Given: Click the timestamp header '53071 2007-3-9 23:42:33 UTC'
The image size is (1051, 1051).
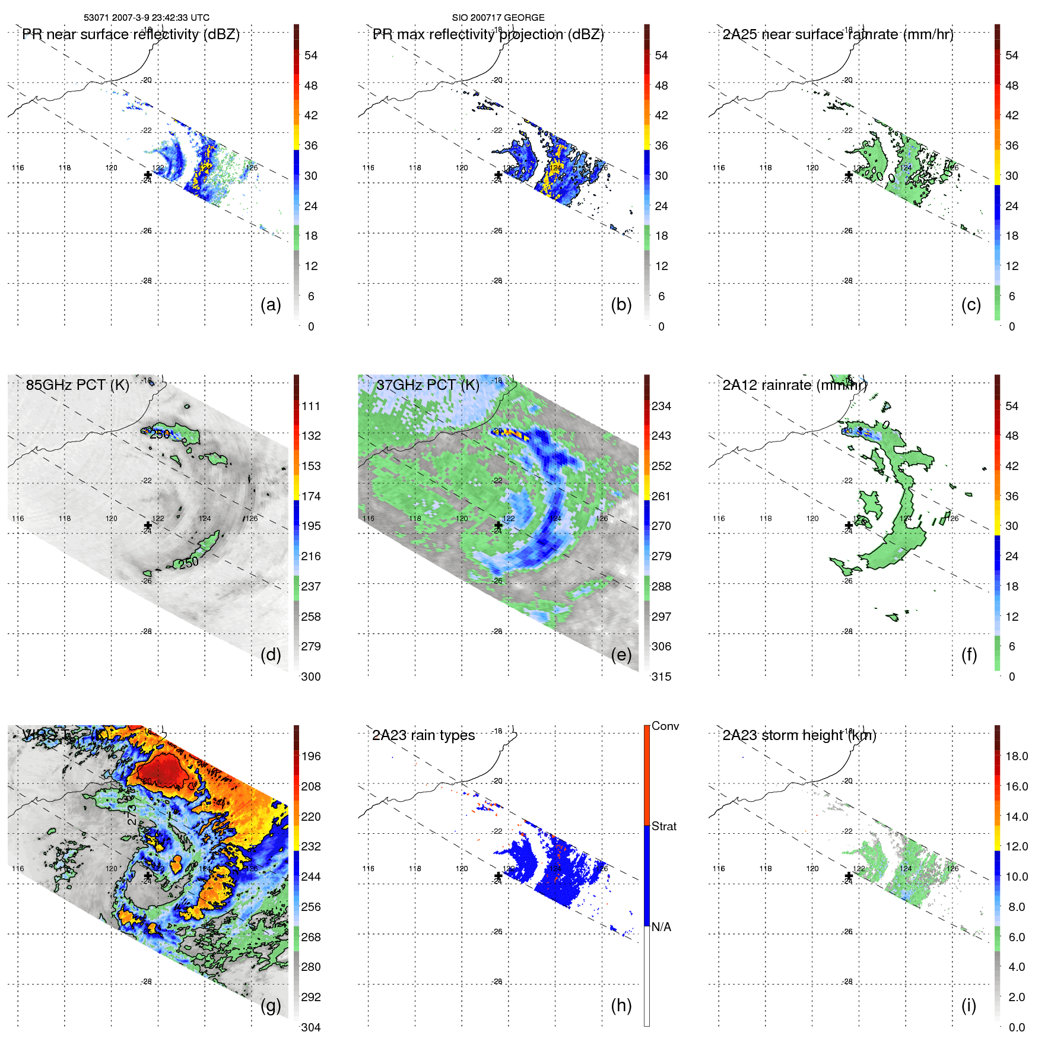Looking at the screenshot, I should (146, 18).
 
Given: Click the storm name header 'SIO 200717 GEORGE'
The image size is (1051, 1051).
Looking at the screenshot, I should (498, 18).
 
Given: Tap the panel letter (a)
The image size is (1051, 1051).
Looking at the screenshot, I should (271, 304).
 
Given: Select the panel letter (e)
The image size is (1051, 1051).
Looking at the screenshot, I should (621, 655).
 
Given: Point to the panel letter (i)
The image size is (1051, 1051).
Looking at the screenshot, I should (969, 1005).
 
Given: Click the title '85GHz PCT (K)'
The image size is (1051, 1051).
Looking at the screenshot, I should (77, 385).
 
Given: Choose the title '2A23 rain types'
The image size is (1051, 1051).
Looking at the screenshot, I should (423, 735).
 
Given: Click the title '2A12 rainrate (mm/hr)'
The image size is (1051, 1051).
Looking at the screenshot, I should (795, 385).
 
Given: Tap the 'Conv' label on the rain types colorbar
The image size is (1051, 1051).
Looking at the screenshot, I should (665, 726).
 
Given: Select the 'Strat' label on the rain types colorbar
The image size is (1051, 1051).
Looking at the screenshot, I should (664, 826).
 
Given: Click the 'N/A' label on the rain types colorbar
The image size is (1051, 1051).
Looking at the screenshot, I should (661, 927).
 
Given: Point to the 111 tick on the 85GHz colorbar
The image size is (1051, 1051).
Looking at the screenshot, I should (311, 406).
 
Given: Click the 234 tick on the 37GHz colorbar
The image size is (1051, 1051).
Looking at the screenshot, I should (661, 406).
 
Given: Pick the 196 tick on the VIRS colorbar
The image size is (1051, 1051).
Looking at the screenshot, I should (311, 756).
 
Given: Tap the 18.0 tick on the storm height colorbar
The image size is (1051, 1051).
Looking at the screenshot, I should (1017, 756).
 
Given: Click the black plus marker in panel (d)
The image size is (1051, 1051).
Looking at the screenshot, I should (148, 525).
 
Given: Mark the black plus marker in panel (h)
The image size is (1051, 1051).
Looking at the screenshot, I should (498, 876).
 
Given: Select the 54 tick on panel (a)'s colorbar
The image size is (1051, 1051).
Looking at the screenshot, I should (311, 55).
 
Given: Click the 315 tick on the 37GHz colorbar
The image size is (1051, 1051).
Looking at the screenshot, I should (661, 677).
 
